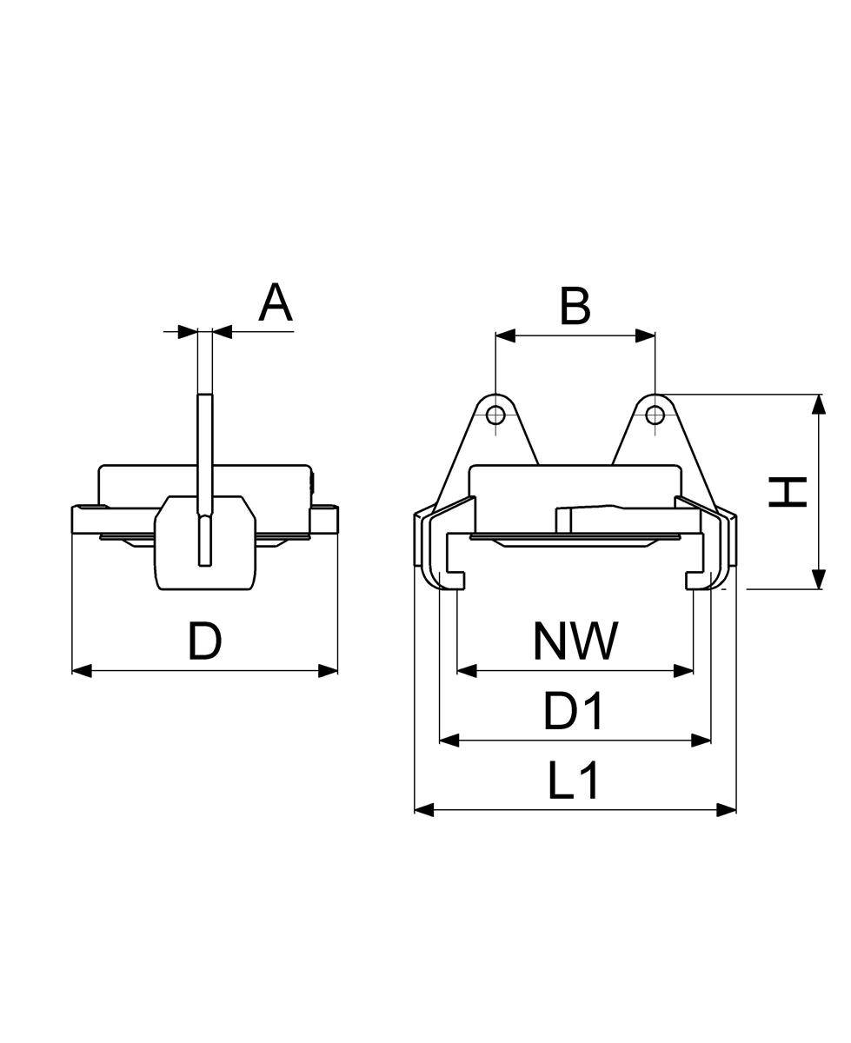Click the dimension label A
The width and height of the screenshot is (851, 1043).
276,302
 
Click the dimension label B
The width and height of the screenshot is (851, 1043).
575,307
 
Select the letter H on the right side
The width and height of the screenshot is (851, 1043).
788,492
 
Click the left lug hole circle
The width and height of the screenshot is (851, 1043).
495,415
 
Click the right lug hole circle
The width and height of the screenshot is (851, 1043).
655,415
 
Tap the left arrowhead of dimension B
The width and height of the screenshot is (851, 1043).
505,335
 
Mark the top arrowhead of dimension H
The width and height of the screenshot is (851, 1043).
819,404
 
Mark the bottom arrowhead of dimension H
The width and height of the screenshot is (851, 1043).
819,579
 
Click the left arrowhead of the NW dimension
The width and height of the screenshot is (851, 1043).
467,671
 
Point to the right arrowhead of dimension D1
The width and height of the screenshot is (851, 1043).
701,741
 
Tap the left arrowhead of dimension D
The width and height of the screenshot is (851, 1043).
82,671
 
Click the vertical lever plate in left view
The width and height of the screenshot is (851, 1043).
205,480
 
